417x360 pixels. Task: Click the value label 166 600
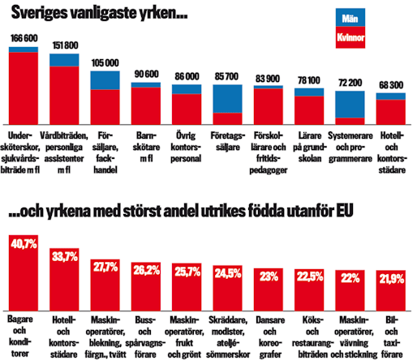(x=24, y=38)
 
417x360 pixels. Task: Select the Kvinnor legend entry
(x=352, y=36)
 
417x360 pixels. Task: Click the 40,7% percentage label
(x=24, y=243)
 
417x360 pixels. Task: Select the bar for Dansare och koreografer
(x=269, y=293)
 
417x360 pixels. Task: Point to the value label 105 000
(x=105, y=62)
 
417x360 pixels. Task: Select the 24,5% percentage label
(x=228, y=273)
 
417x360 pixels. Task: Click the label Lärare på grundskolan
(x=309, y=143)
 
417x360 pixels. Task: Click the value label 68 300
(x=391, y=85)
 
